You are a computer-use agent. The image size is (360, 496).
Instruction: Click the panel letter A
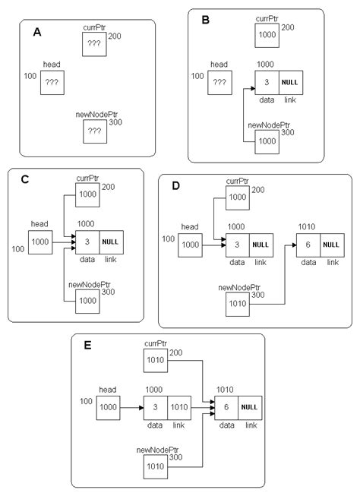tap(37, 33)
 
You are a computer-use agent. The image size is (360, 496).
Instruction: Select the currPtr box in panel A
tap(94, 46)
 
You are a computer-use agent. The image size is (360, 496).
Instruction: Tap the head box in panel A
tap(52, 82)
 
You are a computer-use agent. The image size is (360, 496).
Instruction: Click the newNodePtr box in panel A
tap(94, 131)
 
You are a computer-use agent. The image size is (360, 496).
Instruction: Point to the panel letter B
tap(205, 21)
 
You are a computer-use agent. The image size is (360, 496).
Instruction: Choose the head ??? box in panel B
tap(219, 82)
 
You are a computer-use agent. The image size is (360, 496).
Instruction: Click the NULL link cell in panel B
tap(291, 82)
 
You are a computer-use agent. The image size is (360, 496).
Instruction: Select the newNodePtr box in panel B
tap(267, 141)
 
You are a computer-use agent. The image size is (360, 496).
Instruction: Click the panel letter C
tap(25, 180)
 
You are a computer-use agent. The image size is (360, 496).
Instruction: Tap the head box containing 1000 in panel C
tap(40, 242)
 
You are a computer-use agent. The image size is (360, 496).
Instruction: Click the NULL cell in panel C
tap(111, 242)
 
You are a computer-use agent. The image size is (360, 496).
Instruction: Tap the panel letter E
tap(89, 346)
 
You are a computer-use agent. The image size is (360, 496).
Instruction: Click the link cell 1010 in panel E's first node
tap(180, 407)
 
